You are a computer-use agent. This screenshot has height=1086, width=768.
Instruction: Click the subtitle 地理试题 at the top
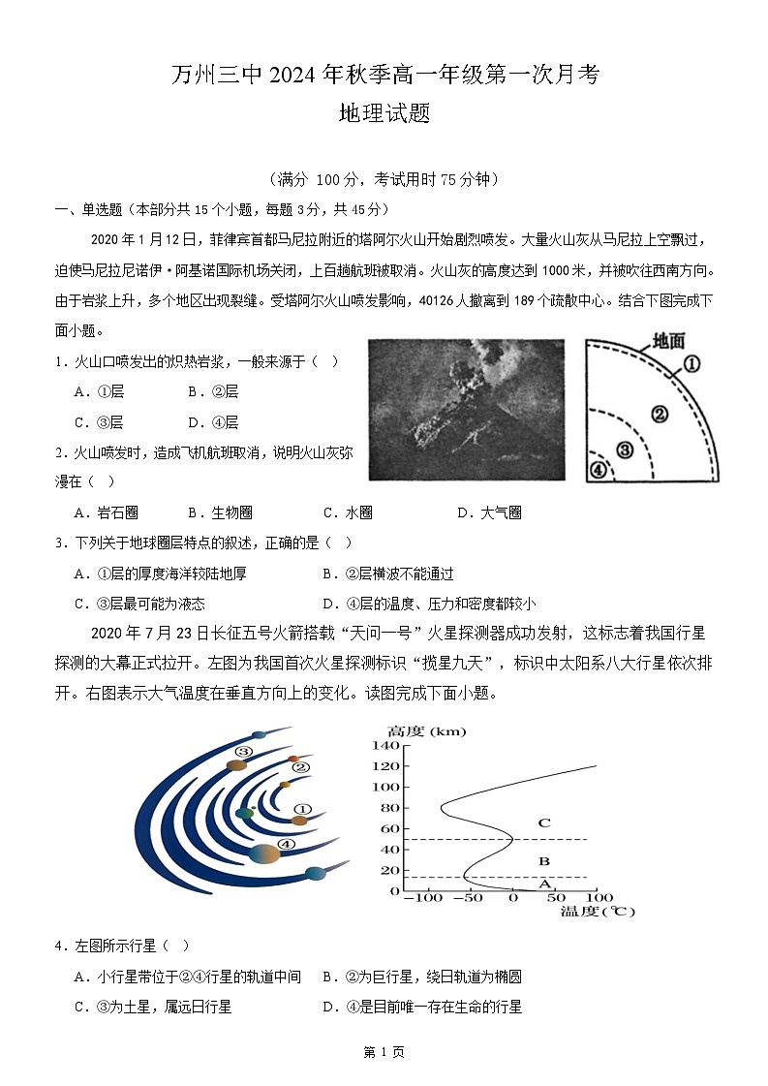pos(384,113)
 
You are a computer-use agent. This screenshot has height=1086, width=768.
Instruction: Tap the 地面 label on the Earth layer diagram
pos(668,340)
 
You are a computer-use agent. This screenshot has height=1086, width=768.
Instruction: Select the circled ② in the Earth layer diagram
pos(660,414)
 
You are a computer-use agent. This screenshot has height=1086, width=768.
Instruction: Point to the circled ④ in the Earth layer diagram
pos(599,470)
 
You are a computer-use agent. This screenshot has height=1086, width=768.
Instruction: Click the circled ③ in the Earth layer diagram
pos(625,449)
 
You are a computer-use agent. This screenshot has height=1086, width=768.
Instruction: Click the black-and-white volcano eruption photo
pos(466,408)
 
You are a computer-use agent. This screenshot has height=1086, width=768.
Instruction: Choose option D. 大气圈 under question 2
pos(489,512)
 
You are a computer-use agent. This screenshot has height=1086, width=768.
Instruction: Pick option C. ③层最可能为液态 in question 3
pos(139,604)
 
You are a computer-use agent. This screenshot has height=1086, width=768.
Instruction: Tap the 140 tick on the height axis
pos(387,746)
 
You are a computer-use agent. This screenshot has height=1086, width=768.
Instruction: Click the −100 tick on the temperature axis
pos(422,899)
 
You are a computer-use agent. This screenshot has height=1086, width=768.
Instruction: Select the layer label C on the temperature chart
pos(544,823)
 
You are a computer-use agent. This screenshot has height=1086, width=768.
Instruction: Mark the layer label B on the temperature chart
pos(544,860)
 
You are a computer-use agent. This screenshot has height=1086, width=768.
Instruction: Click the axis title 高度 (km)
pos(426,730)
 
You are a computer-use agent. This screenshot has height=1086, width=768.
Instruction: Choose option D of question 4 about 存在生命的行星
pos(422,1007)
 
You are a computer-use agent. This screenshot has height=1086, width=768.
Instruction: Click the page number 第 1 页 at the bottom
pos(384,1052)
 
